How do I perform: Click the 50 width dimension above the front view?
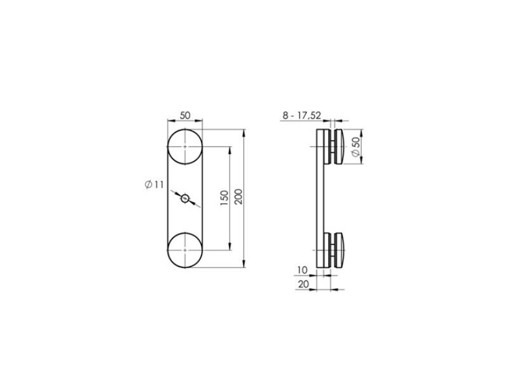click(x=185, y=115)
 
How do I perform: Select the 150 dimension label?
click(x=224, y=198)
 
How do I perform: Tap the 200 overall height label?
click(x=238, y=196)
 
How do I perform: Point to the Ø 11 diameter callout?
click(x=154, y=185)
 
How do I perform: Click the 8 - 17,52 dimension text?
click(x=302, y=115)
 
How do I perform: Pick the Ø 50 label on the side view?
click(x=356, y=147)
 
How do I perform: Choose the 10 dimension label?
click(x=302, y=270)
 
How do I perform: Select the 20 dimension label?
click(x=304, y=284)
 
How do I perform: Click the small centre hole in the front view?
click(x=185, y=199)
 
